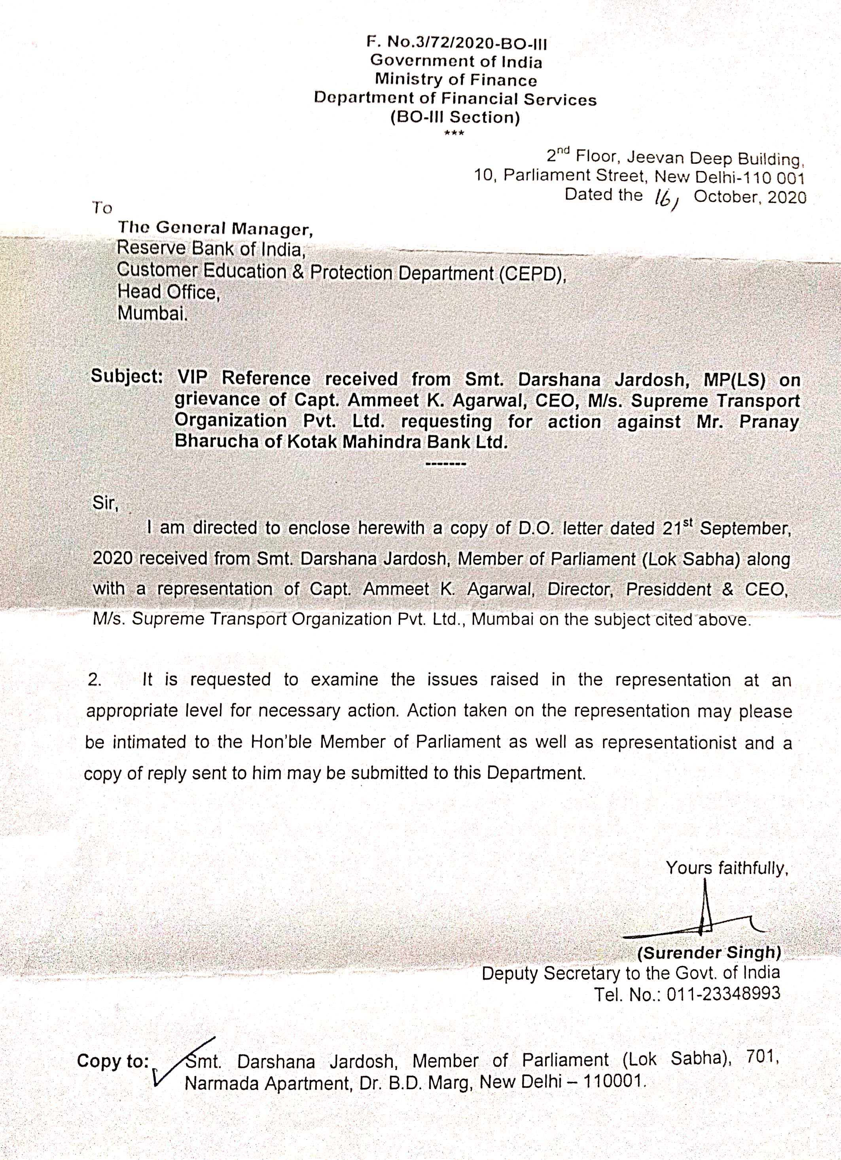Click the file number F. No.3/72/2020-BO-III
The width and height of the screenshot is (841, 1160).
click(x=456, y=44)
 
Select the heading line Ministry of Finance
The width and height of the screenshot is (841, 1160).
click(x=456, y=80)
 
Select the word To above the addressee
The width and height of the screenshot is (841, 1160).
click(x=102, y=208)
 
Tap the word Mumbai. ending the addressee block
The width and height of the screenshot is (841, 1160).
click(x=152, y=313)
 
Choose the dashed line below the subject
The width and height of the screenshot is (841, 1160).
click(x=445, y=464)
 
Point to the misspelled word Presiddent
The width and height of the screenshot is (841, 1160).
click(x=668, y=590)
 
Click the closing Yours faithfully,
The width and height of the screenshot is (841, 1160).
click(x=726, y=868)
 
